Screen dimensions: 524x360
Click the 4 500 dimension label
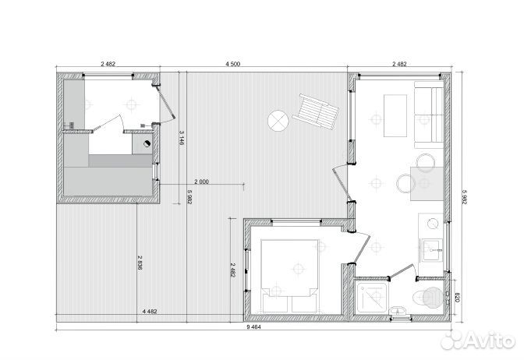pos(233,64)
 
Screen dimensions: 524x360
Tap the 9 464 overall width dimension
pos(253,327)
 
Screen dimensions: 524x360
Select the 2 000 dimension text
pos(201,182)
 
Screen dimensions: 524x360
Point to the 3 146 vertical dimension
pos(182,138)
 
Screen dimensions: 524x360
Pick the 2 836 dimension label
pos(140,263)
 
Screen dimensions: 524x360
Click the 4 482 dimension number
pos(150,311)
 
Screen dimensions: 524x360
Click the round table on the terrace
pos(278,121)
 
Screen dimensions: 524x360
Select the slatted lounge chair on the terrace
pos(316,111)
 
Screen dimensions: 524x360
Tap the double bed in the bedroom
pos(289,276)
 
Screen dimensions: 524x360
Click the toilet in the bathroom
pos(429,297)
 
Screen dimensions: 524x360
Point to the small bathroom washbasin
pos(399,312)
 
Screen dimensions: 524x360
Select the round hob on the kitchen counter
pos(434,224)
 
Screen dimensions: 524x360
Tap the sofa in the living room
pos(429,115)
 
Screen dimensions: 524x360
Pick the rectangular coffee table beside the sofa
pos(395,115)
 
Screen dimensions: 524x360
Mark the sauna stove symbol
pos(147,143)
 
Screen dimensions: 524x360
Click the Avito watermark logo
pos(478,341)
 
